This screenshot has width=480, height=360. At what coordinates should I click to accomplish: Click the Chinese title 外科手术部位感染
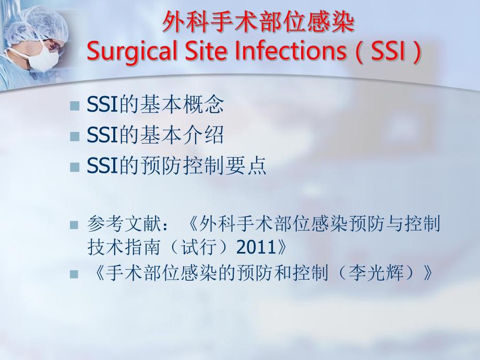tap(258, 23)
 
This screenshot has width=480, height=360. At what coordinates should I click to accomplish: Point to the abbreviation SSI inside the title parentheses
tap(387, 53)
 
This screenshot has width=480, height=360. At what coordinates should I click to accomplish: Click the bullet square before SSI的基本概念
tap(74, 106)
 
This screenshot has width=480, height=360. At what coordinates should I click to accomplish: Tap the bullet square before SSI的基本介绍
tap(74, 136)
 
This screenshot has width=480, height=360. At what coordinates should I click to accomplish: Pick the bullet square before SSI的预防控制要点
tap(74, 166)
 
